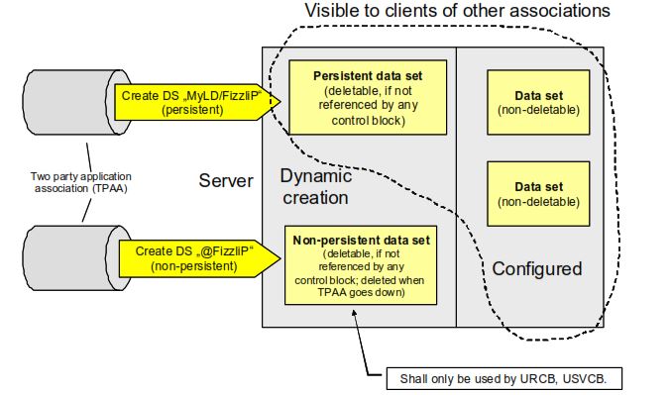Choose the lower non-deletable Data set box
coord(539,193)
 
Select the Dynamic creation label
coord(314,186)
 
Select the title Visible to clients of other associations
coord(457,11)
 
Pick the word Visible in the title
coord(330,11)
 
